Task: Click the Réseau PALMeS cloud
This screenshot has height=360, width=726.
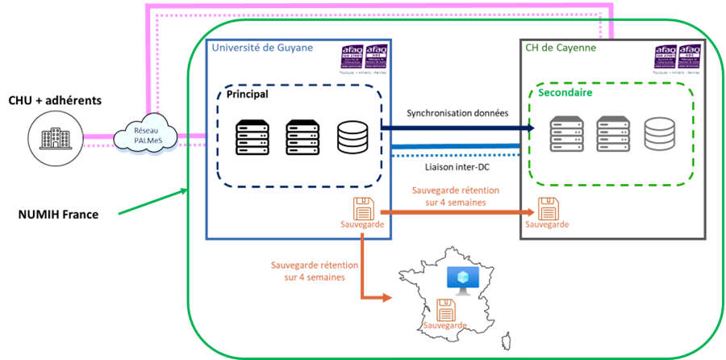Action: (x=144, y=136)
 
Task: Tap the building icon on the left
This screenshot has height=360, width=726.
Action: (x=56, y=137)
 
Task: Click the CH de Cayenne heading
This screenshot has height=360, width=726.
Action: (x=561, y=48)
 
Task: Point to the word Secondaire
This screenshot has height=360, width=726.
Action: (x=565, y=93)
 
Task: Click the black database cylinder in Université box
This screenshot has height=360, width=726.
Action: (x=352, y=137)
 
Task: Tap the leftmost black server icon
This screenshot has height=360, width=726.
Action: (x=250, y=137)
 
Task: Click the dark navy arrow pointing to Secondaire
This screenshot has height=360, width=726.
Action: (x=456, y=128)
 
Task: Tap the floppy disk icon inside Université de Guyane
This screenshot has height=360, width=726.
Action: (x=362, y=207)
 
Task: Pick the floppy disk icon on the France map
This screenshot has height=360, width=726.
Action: (x=446, y=309)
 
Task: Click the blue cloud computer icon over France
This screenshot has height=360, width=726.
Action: (x=462, y=278)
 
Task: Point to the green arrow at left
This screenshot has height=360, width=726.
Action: (x=153, y=202)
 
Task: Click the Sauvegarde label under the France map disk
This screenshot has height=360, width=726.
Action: (x=446, y=324)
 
